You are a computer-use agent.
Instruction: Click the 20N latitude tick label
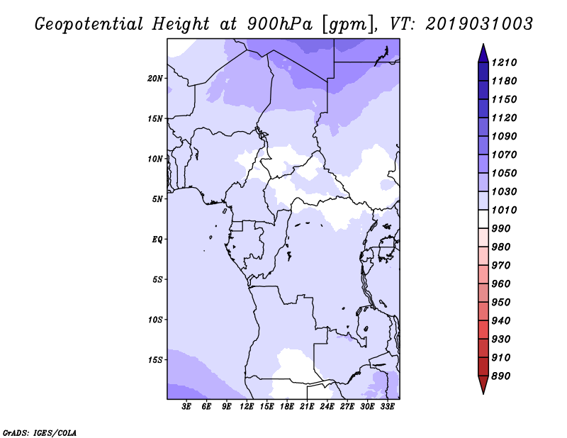click(x=155, y=79)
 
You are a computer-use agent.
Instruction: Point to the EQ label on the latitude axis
click(x=157, y=240)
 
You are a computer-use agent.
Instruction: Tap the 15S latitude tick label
click(x=155, y=360)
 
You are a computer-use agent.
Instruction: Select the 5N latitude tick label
click(x=157, y=199)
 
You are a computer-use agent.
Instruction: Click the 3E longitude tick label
click(x=186, y=406)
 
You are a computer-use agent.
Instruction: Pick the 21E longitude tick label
click(x=307, y=406)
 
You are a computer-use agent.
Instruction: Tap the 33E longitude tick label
click(x=387, y=406)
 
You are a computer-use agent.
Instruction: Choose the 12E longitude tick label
click(x=246, y=406)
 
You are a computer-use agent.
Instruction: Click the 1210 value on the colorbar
click(x=504, y=62)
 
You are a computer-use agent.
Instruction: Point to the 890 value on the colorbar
click(x=501, y=376)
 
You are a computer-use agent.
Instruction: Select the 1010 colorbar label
click(x=504, y=210)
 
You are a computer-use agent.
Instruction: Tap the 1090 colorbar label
click(x=504, y=136)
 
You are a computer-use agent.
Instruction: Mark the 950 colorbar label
click(x=501, y=303)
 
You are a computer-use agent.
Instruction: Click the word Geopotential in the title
click(x=89, y=25)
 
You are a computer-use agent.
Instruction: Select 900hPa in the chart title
click(x=279, y=24)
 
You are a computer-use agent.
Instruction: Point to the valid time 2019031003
click(x=479, y=24)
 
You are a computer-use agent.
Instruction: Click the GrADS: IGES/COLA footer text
click(x=40, y=432)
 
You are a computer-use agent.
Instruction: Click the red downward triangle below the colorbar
click(x=483, y=384)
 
